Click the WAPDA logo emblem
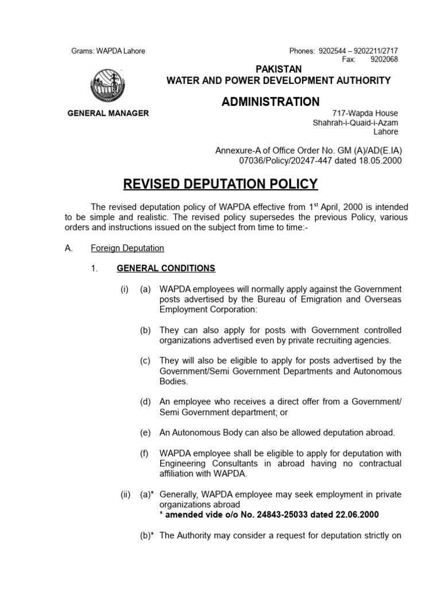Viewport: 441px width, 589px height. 108,86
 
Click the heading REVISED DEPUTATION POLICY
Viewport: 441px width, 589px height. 220,183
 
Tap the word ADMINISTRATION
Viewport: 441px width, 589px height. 270,102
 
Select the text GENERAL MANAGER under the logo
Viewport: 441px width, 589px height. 108,113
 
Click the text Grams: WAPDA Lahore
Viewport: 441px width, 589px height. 108,51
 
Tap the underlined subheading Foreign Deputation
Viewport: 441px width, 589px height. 127,248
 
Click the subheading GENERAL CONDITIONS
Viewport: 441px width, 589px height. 166,268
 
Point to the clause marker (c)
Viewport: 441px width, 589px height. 145,361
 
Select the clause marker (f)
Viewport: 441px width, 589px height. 145,453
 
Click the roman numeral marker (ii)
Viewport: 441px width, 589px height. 126,494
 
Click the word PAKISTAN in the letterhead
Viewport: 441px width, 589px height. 278,70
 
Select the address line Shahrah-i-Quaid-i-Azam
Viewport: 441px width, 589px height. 355,123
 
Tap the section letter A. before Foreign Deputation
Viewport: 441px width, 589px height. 68,248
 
